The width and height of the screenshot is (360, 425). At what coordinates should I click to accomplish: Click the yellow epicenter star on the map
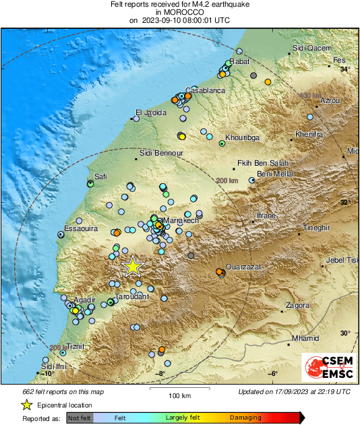pos(133,267)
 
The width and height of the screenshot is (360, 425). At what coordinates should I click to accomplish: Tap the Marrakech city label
pos(181,220)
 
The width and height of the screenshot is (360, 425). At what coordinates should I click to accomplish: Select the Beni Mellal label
pos(275,174)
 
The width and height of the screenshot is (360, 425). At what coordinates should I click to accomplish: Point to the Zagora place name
pos(297,305)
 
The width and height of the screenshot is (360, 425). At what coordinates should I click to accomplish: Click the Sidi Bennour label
pos(161,154)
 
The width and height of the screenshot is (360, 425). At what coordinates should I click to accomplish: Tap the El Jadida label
pos(150,112)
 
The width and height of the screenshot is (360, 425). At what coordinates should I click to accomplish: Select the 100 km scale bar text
pos(177,395)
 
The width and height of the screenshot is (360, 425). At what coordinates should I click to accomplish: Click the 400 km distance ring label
pos(309,96)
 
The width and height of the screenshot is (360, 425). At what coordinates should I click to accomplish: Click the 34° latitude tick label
pos(344,69)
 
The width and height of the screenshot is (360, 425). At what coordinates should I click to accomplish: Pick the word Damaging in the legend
pos(245,418)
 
